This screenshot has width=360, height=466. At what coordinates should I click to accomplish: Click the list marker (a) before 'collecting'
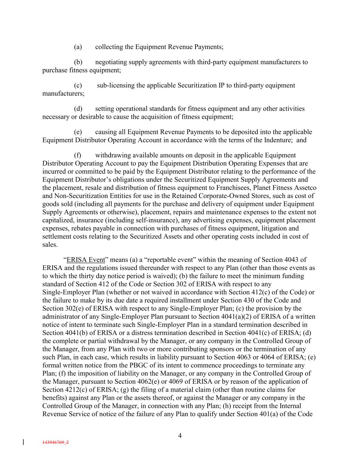78,47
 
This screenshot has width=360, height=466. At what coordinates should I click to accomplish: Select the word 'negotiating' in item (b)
111,62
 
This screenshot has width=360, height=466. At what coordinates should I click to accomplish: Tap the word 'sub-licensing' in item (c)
116,85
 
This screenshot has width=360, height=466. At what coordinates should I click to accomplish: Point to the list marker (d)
78,109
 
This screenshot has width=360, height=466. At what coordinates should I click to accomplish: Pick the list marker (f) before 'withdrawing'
77,155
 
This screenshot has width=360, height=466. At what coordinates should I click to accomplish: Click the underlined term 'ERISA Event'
86,260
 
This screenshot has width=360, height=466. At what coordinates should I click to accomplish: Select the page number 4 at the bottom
180,436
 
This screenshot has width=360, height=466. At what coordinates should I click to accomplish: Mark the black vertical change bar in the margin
23,442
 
